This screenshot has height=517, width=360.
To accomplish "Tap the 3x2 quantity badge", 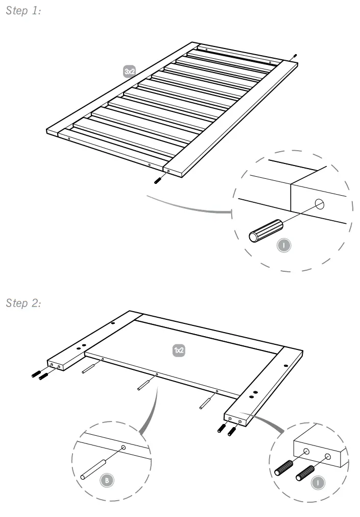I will coord(130,72).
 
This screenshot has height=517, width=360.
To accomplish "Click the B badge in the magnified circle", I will coord(107,480).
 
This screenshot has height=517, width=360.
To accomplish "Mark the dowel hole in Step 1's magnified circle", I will coord(320,205).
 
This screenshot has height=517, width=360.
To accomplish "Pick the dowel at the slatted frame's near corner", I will coord(158,179).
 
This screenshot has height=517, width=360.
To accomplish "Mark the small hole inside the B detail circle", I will coord(124,448).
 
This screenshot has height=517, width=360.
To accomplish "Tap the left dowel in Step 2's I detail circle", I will coord(284,467).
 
